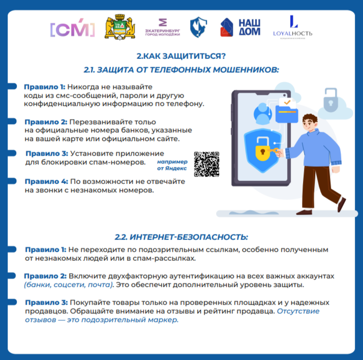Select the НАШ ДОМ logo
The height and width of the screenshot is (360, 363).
pyautogui.click(x=240, y=27)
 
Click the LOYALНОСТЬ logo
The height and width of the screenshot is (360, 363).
pyautogui.click(x=292, y=28)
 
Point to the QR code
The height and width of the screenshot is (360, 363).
pyautogui.click(x=207, y=164)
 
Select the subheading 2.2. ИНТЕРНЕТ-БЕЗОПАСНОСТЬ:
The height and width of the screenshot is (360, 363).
pyautogui.click(x=181, y=237)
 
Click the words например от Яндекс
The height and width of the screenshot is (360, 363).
pyautogui.click(x=172, y=164)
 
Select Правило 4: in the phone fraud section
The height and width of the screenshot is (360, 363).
pyautogui.click(x=46, y=181)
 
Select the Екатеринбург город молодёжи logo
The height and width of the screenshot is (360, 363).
pyautogui.click(x=162, y=28)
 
